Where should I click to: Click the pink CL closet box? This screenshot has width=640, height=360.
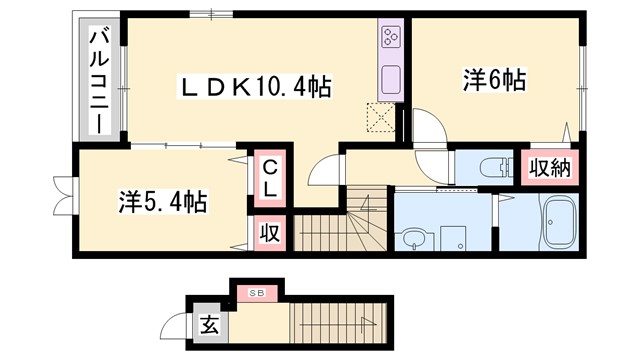tap(271, 177)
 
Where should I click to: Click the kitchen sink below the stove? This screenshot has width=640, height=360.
tap(390, 78)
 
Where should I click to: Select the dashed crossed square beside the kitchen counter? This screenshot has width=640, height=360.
tap(381, 117)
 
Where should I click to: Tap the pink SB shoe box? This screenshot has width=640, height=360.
tap(255, 293)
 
